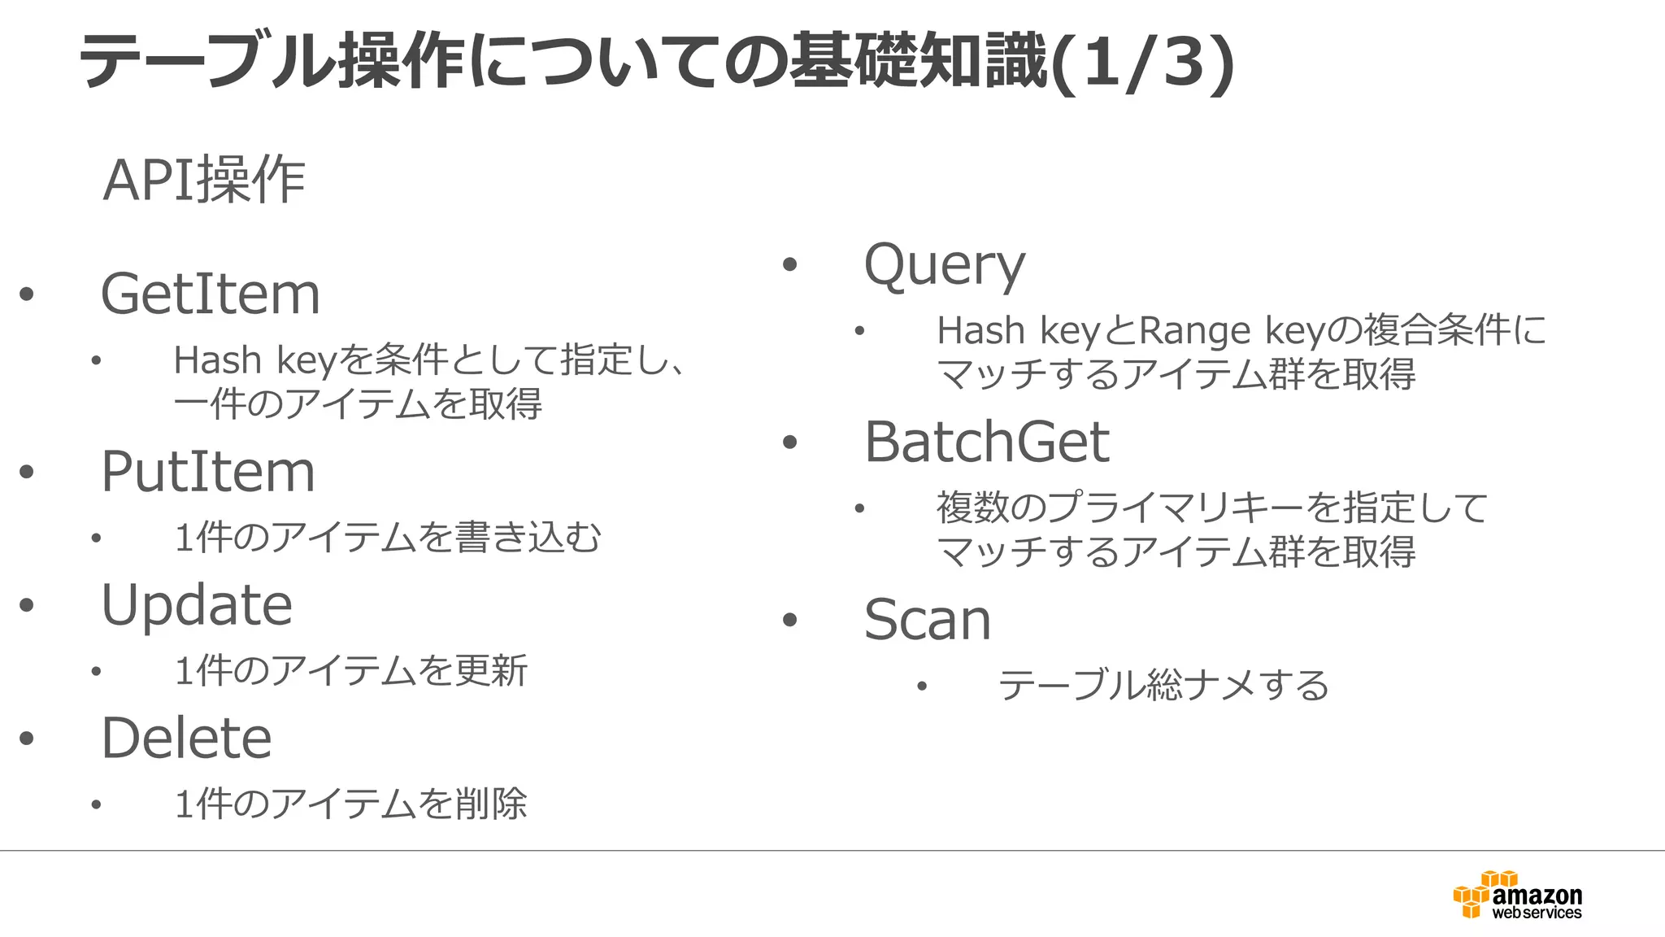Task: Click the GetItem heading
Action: coord(210,294)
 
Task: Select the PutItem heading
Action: coord(207,472)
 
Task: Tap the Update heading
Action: coord(196,605)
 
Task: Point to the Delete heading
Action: coord(186,739)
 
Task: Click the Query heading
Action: coord(944,265)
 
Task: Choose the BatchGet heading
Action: coord(986,442)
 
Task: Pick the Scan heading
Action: coord(927,620)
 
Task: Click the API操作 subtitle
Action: coord(204,180)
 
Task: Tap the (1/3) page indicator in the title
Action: coord(1142,63)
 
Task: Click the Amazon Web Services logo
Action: coord(1517,896)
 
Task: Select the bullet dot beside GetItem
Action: coord(27,294)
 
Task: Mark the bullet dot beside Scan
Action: coord(789,621)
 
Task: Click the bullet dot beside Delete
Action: coord(27,739)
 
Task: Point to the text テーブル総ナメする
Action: coord(1163,686)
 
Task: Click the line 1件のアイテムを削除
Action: coord(350,804)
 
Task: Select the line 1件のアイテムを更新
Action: coord(350,671)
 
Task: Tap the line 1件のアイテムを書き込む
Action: coord(387,538)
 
